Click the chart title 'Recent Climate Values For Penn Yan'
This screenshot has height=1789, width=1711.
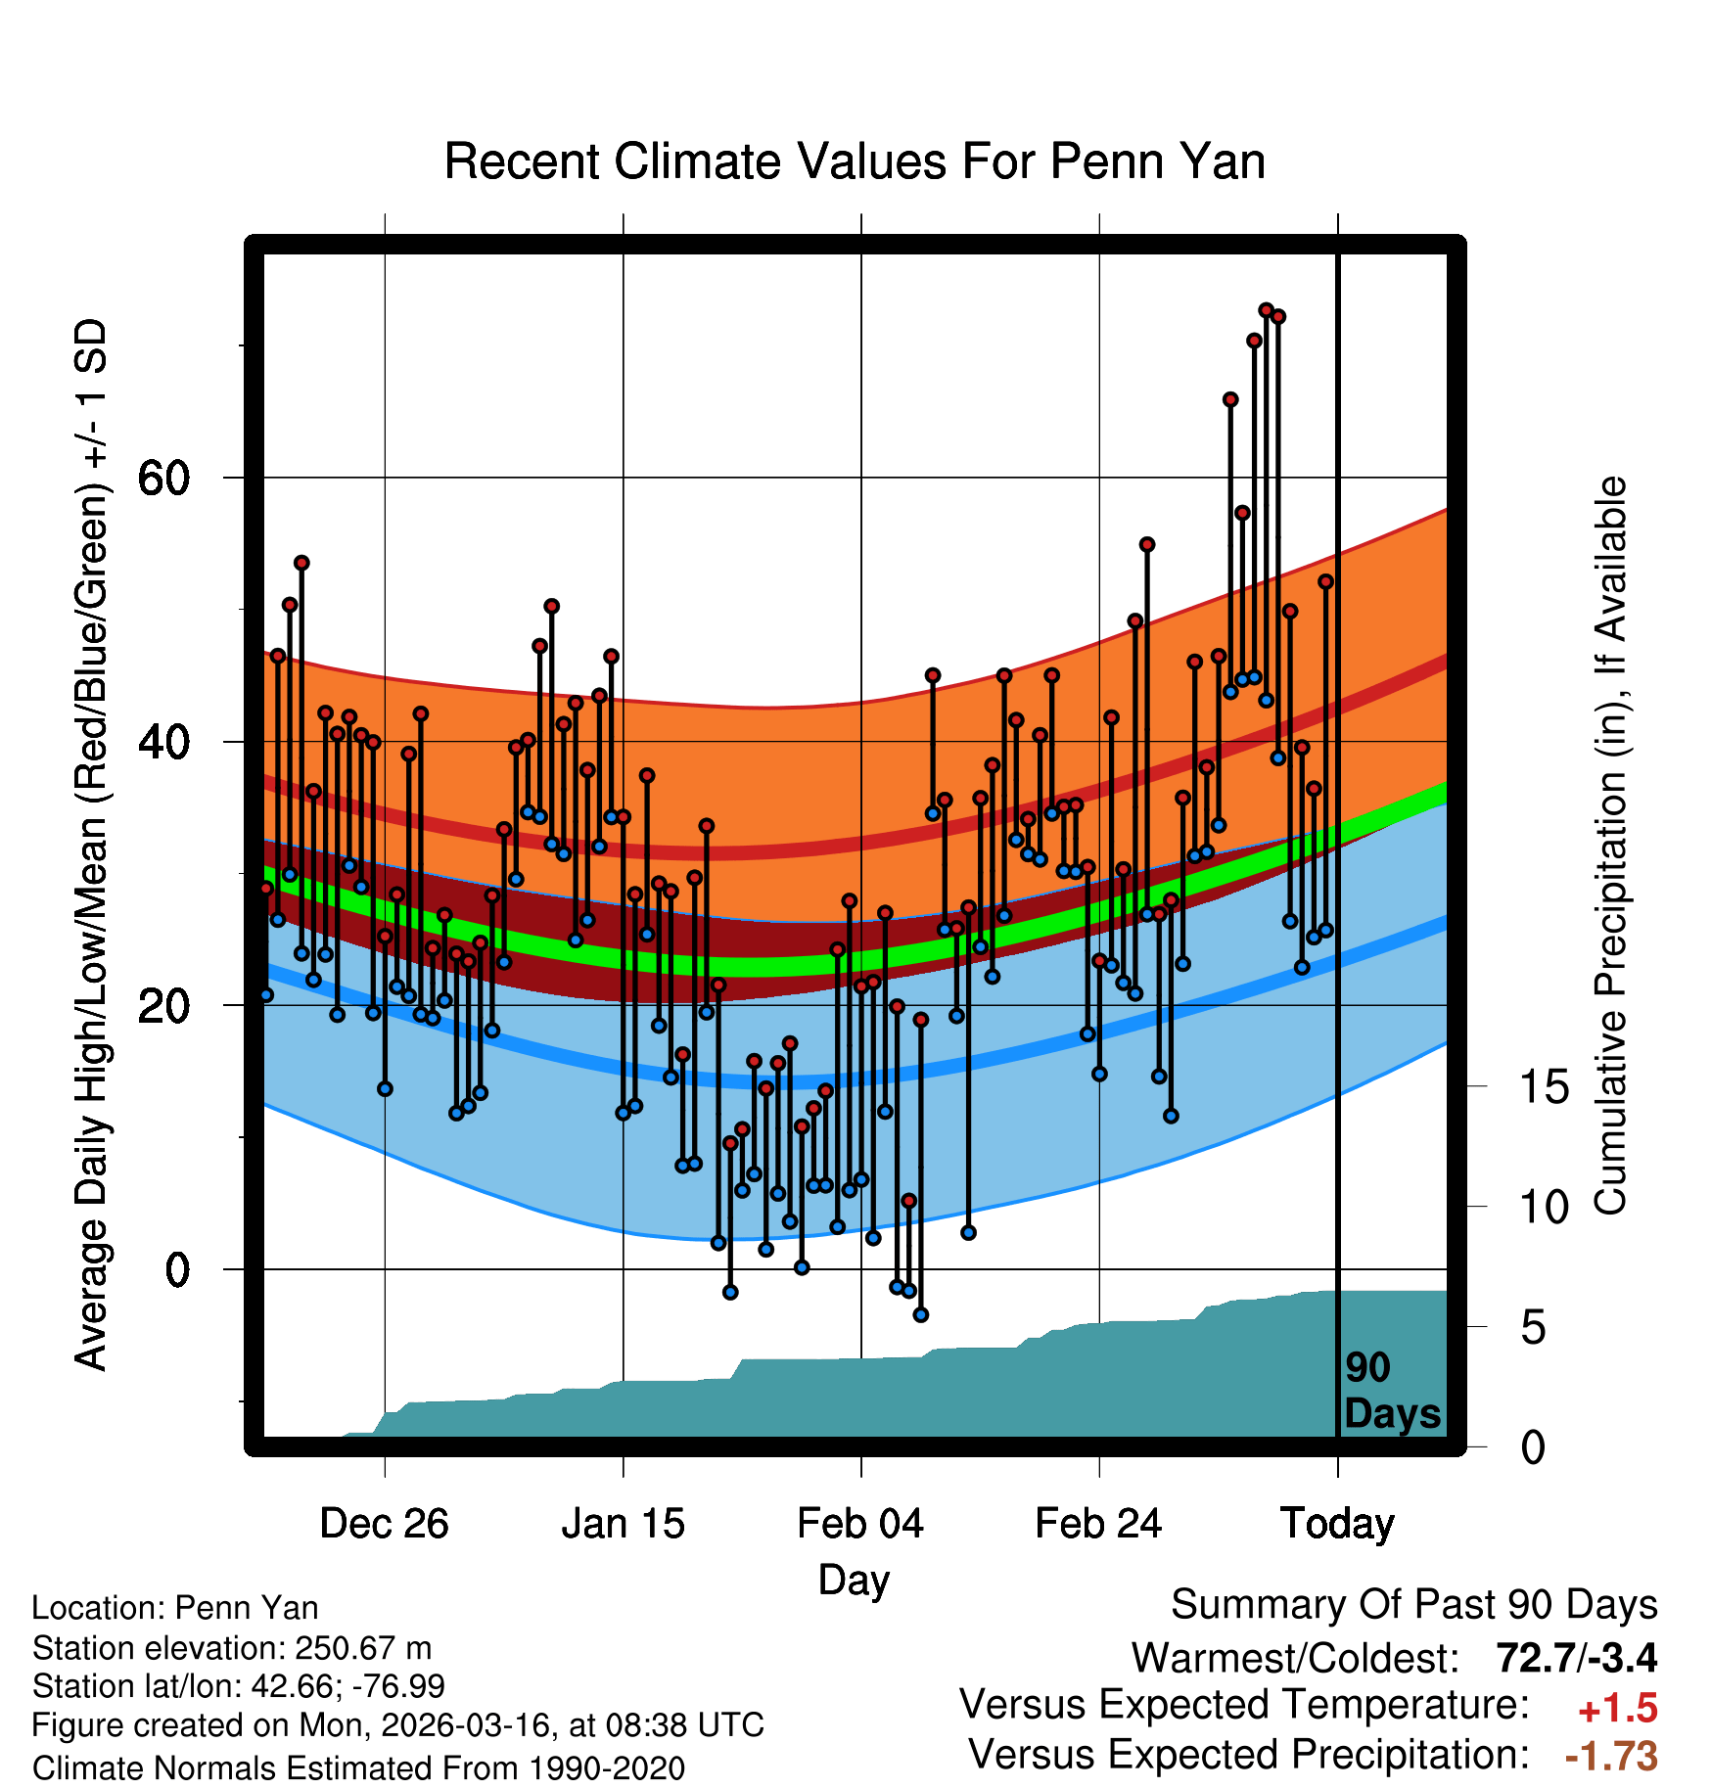[855, 161]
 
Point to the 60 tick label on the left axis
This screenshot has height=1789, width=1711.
[163, 479]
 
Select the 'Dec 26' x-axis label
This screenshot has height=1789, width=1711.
[384, 1524]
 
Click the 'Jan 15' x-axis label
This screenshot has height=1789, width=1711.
[623, 1524]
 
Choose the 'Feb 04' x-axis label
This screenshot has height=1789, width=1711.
[860, 1524]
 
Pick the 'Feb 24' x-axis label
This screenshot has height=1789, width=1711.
[1098, 1524]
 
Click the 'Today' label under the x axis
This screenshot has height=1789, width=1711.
[1337, 1524]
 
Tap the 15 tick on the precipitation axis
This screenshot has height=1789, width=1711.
[1545, 1087]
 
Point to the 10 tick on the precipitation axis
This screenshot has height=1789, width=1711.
[1545, 1208]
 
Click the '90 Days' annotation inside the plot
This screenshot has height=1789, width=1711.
[1392, 1391]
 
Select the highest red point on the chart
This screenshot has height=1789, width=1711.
[1266, 310]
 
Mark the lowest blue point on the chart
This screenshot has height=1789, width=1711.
[920, 1314]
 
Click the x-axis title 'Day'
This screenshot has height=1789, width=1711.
[855, 1580]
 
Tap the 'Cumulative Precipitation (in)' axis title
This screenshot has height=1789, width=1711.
[1610, 847]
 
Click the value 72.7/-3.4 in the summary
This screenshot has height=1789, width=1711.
[1576, 1658]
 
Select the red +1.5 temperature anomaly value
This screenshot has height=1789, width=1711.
[1617, 1709]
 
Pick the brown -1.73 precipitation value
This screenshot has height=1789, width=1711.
[1611, 1756]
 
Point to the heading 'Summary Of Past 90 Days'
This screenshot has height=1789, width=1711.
[1413, 1605]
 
